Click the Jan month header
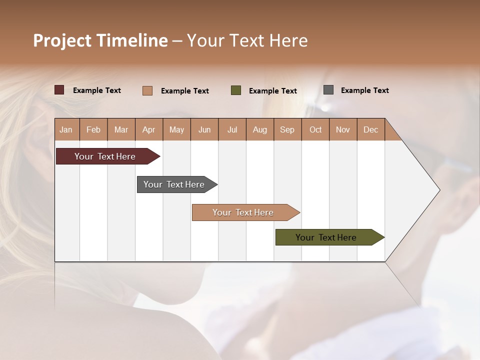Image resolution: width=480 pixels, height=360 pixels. point(66,129)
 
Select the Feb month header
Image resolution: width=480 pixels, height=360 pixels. point(93,129)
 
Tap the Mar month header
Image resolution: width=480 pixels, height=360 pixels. point(121,129)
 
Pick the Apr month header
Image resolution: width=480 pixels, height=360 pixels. point(148,129)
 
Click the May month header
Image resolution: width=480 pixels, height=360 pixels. point(176,129)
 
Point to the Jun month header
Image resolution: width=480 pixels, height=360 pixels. point(204,129)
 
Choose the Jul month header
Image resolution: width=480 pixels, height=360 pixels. point(232,129)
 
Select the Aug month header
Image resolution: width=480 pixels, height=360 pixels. point(259,129)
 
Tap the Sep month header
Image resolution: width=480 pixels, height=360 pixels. point(287,129)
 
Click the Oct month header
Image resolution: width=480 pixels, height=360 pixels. point(315,129)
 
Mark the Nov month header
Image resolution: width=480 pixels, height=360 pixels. point(343,129)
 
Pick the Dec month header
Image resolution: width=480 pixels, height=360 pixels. point(370,129)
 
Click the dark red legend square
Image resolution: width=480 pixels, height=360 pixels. point(59,90)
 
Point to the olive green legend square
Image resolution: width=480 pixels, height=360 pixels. point(236,90)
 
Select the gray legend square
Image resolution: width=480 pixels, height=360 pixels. point(328,90)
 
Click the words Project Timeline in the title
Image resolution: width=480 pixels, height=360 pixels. point(100,40)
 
